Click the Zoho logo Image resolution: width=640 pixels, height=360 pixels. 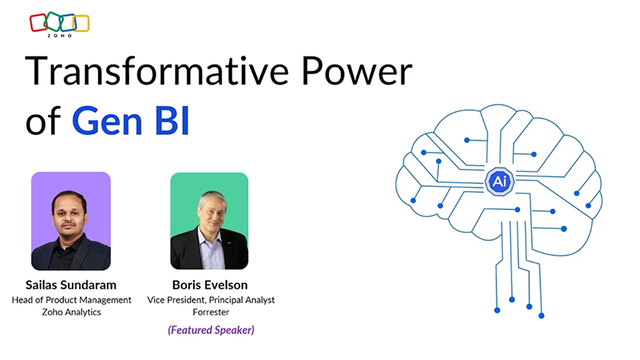[x=59, y=24]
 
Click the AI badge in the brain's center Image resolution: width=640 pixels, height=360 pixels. [x=499, y=181]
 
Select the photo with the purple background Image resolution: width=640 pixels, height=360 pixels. [x=70, y=221]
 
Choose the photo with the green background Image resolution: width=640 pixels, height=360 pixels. [x=209, y=221]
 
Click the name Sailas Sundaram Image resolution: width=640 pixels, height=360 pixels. [x=70, y=284]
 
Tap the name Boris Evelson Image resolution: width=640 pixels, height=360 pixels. [x=209, y=284]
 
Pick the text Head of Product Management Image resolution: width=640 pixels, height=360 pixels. [x=70, y=300]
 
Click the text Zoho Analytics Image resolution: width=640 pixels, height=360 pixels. [x=70, y=314]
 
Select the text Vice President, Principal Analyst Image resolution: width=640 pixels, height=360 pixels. [x=209, y=300]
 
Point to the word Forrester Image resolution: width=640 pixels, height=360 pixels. [x=209, y=314]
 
